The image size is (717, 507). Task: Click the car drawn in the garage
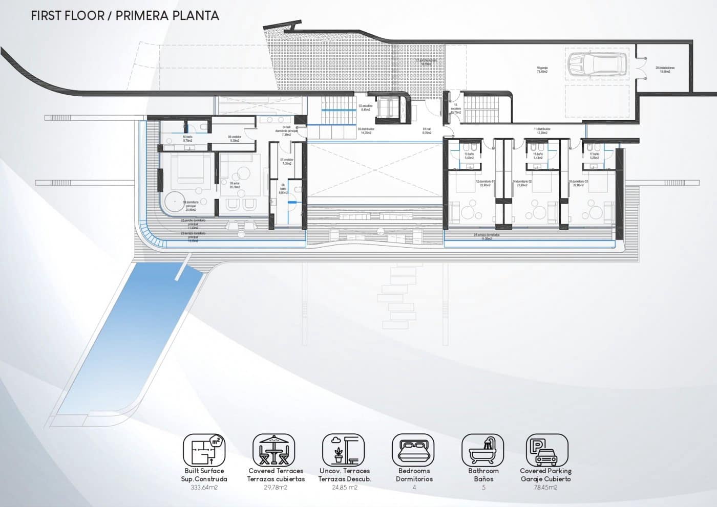[x=597, y=64]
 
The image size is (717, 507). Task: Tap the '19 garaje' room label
[x=542, y=70]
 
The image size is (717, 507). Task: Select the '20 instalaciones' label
[x=665, y=70]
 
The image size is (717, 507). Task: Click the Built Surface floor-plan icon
[x=204, y=450]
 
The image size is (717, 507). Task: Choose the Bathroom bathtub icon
[x=483, y=450]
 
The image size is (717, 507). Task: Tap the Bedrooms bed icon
[x=414, y=450]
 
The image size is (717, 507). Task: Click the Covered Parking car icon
[x=546, y=450]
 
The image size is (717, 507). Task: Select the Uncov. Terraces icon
[x=344, y=450]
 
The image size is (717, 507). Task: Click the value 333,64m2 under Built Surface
[x=204, y=488]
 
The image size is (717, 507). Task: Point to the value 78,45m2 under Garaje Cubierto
[x=545, y=488]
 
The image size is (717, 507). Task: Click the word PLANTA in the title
[x=195, y=15]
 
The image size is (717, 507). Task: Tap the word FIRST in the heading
[x=49, y=15]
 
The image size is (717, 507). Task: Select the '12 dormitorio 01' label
[x=485, y=183]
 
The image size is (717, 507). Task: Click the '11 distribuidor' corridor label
[x=542, y=131]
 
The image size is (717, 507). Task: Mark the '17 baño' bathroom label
[x=594, y=156]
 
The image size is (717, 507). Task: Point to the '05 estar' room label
[x=235, y=185]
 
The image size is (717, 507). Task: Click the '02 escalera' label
[x=365, y=107]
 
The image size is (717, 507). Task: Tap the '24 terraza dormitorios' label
[x=487, y=236]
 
